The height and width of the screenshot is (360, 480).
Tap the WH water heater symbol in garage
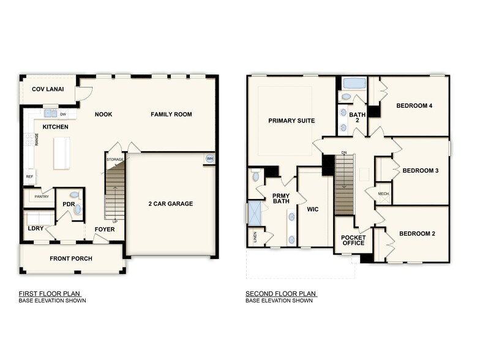210,159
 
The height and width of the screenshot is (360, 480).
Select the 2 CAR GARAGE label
170,204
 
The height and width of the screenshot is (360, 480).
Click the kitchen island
61,153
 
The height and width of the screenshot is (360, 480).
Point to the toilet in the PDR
77,210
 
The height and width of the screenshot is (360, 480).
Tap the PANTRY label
41,197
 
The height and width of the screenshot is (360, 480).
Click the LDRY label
36,228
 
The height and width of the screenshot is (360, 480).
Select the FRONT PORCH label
71,258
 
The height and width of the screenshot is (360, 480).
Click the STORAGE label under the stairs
115,159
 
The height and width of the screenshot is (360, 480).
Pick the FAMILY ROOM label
171,114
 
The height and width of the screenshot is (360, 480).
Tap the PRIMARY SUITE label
291,121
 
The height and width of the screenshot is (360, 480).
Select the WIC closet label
313,209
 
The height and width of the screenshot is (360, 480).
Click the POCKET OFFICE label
353,239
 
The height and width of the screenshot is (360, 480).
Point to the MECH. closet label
383,194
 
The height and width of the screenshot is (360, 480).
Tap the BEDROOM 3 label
419,170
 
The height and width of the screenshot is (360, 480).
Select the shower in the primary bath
253,212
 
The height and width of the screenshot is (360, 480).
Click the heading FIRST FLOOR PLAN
50,293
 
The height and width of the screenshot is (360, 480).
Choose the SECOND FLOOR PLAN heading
281,293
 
